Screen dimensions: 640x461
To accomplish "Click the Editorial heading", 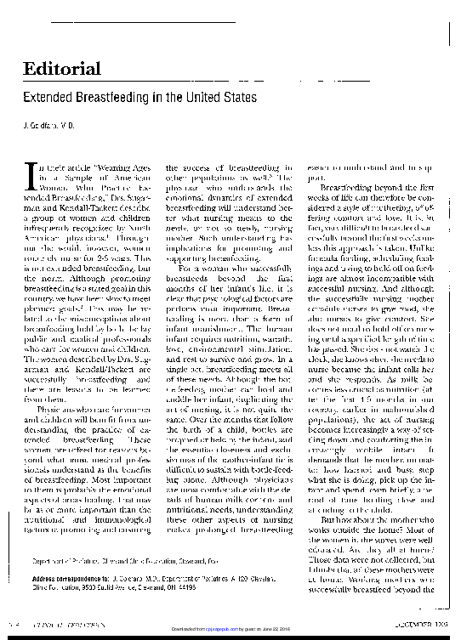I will pos(62,69).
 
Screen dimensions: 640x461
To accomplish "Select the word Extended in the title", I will pos(49,98).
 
